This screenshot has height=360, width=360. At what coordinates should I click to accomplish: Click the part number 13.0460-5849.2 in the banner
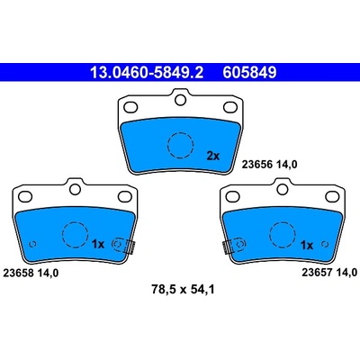click(147, 72)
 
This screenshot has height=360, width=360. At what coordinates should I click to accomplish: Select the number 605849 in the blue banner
click(249, 72)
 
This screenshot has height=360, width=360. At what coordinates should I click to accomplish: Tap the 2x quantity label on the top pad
click(213, 156)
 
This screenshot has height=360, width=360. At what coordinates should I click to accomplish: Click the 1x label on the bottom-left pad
click(97, 245)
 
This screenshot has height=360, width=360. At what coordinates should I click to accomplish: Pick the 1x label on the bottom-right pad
click(307, 246)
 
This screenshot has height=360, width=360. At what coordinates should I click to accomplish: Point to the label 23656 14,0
click(269, 165)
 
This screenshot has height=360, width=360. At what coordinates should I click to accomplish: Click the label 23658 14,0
click(31, 273)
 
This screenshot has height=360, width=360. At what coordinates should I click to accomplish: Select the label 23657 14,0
click(329, 273)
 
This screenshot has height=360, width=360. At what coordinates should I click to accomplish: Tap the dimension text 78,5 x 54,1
click(183, 290)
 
